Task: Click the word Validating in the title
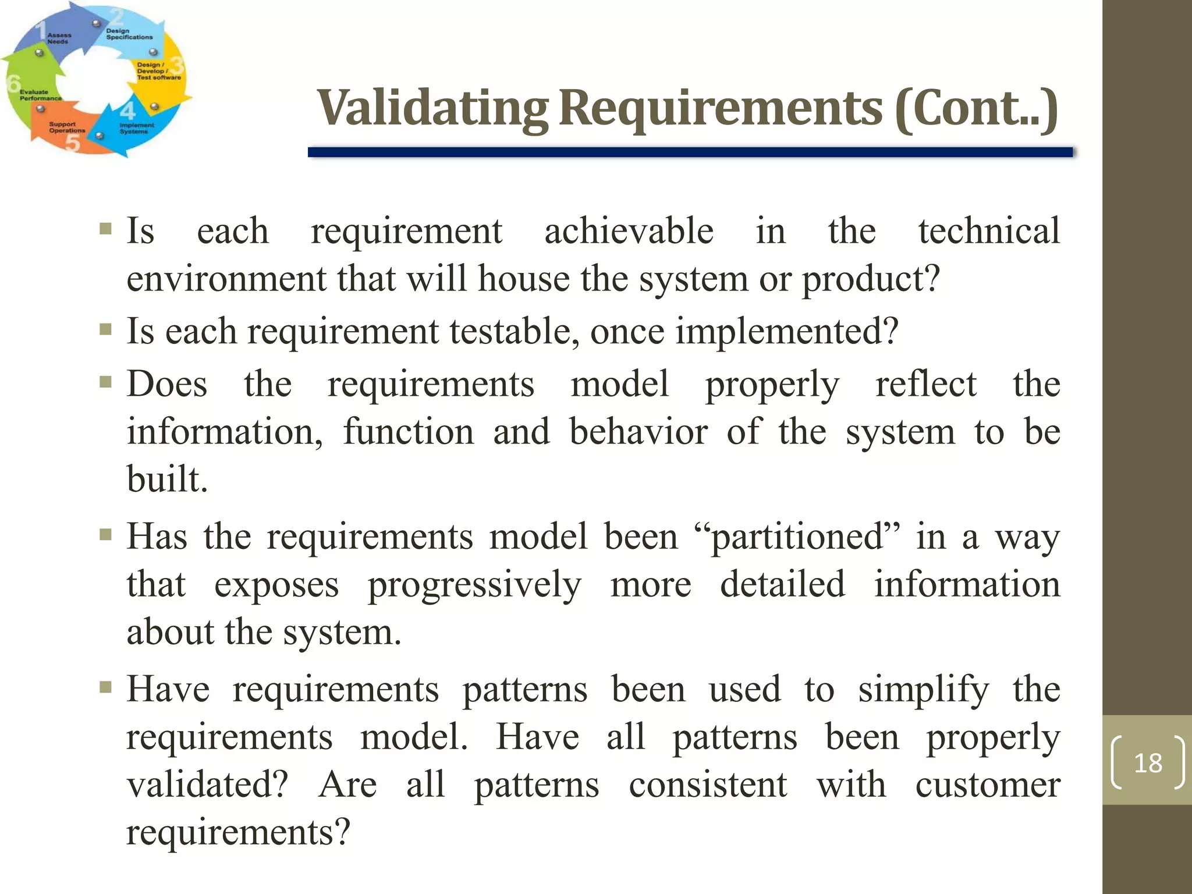point(432,108)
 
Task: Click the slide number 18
point(1148,762)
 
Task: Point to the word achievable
point(629,231)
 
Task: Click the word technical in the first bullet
point(989,231)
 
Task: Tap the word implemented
point(786,332)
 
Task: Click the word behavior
point(638,432)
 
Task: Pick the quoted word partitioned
point(797,537)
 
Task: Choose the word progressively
point(474,585)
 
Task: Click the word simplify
point(923,690)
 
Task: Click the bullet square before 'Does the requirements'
point(105,382)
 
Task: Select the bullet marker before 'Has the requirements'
point(105,534)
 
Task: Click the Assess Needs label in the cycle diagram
point(59,38)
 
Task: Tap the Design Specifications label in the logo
point(129,34)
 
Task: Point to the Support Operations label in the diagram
point(66,127)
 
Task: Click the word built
point(166,480)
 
